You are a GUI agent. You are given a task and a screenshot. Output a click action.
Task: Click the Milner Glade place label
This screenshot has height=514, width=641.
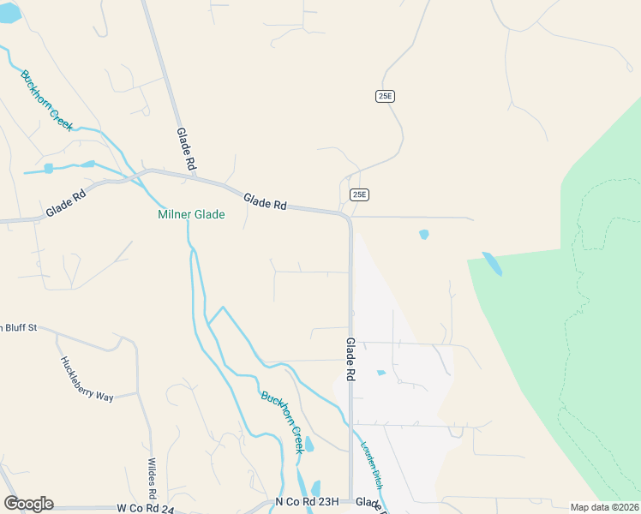pyautogui.click(x=191, y=214)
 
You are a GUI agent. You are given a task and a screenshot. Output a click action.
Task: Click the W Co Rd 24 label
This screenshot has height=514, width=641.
pyautogui.click(x=146, y=508)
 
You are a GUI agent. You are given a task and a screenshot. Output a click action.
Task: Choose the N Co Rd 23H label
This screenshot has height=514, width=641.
pyautogui.click(x=307, y=502)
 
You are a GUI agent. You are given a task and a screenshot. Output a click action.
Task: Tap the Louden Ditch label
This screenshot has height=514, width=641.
pyautogui.click(x=374, y=466)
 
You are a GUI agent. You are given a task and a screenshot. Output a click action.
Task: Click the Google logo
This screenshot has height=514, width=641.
pyautogui.click(x=28, y=504)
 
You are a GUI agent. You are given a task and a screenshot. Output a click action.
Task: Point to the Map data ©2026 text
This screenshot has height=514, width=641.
pyautogui.click(x=605, y=507)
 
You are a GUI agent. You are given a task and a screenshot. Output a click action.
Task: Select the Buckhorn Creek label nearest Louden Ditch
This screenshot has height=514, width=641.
pyautogui.click(x=282, y=421)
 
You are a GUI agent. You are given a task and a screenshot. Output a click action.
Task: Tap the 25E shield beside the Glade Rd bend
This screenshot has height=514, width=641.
pyautogui.click(x=359, y=194)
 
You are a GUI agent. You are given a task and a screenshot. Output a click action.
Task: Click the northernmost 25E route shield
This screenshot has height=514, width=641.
pyautogui.click(x=385, y=96)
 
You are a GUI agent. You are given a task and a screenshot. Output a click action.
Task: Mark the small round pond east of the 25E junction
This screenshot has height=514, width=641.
pyautogui.click(x=423, y=234)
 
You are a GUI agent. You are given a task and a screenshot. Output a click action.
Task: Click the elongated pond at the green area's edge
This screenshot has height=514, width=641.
pyautogui.click(x=492, y=263)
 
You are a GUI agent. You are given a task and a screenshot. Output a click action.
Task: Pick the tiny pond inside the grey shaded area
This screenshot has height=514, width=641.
pyautogui.click(x=380, y=373)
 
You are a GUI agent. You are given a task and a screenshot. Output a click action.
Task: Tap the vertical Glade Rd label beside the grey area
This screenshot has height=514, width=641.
pyautogui.click(x=350, y=358)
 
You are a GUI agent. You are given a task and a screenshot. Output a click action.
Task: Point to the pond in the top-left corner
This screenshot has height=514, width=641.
pyautogui.click(x=9, y=13)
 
